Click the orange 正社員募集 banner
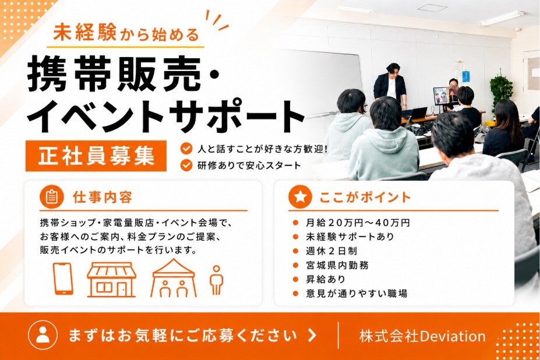(x=96, y=156)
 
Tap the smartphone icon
(x=63, y=278)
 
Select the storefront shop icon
(x=112, y=280)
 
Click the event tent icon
(x=174, y=278)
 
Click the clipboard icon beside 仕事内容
(x=52, y=197)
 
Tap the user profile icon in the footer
(x=43, y=335)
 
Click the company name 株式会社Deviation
(x=422, y=336)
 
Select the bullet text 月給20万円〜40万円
(x=358, y=223)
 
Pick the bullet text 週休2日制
(x=331, y=251)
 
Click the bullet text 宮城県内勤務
(x=337, y=265)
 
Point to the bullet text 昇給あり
(x=326, y=279)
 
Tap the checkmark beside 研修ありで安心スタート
(x=186, y=165)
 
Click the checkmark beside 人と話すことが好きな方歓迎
(x=186, y=149)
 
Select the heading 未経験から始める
(x=126, y=33)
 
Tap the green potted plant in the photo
(x=502, y=91)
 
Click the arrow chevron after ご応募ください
(x=312, y=335)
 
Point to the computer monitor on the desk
(x=446, y=96)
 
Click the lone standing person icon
(x=216, y=280)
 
